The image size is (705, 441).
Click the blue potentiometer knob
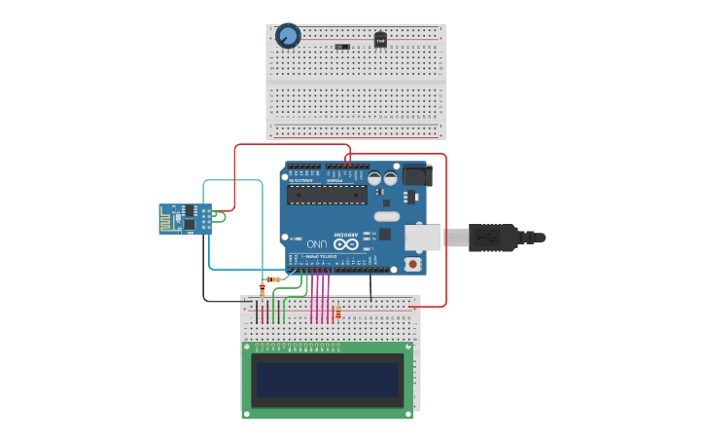click(288, 36)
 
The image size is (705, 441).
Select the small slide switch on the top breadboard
click(342, 47)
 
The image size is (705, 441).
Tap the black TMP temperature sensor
click(380, 40)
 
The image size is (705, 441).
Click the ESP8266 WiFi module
click(185, 219)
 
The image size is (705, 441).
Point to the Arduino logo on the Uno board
click(345, 244)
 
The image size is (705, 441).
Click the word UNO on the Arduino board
click(317, 243)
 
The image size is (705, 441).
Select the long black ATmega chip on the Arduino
click(327, 194)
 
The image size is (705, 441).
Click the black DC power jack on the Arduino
click(417, 175)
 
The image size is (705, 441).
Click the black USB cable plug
click(492, 238)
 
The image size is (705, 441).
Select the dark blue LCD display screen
click(327, 380)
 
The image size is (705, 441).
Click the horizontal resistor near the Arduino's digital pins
click(272, 279)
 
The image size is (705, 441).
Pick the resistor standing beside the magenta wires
click(337, 312)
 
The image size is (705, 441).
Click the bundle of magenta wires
click(320, 297)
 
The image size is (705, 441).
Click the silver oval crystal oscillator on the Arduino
click(386, 216)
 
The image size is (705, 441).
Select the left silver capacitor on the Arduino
click(374, 179)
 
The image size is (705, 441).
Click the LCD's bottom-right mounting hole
click(407, 413)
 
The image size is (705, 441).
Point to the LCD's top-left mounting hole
click(247, 347)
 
